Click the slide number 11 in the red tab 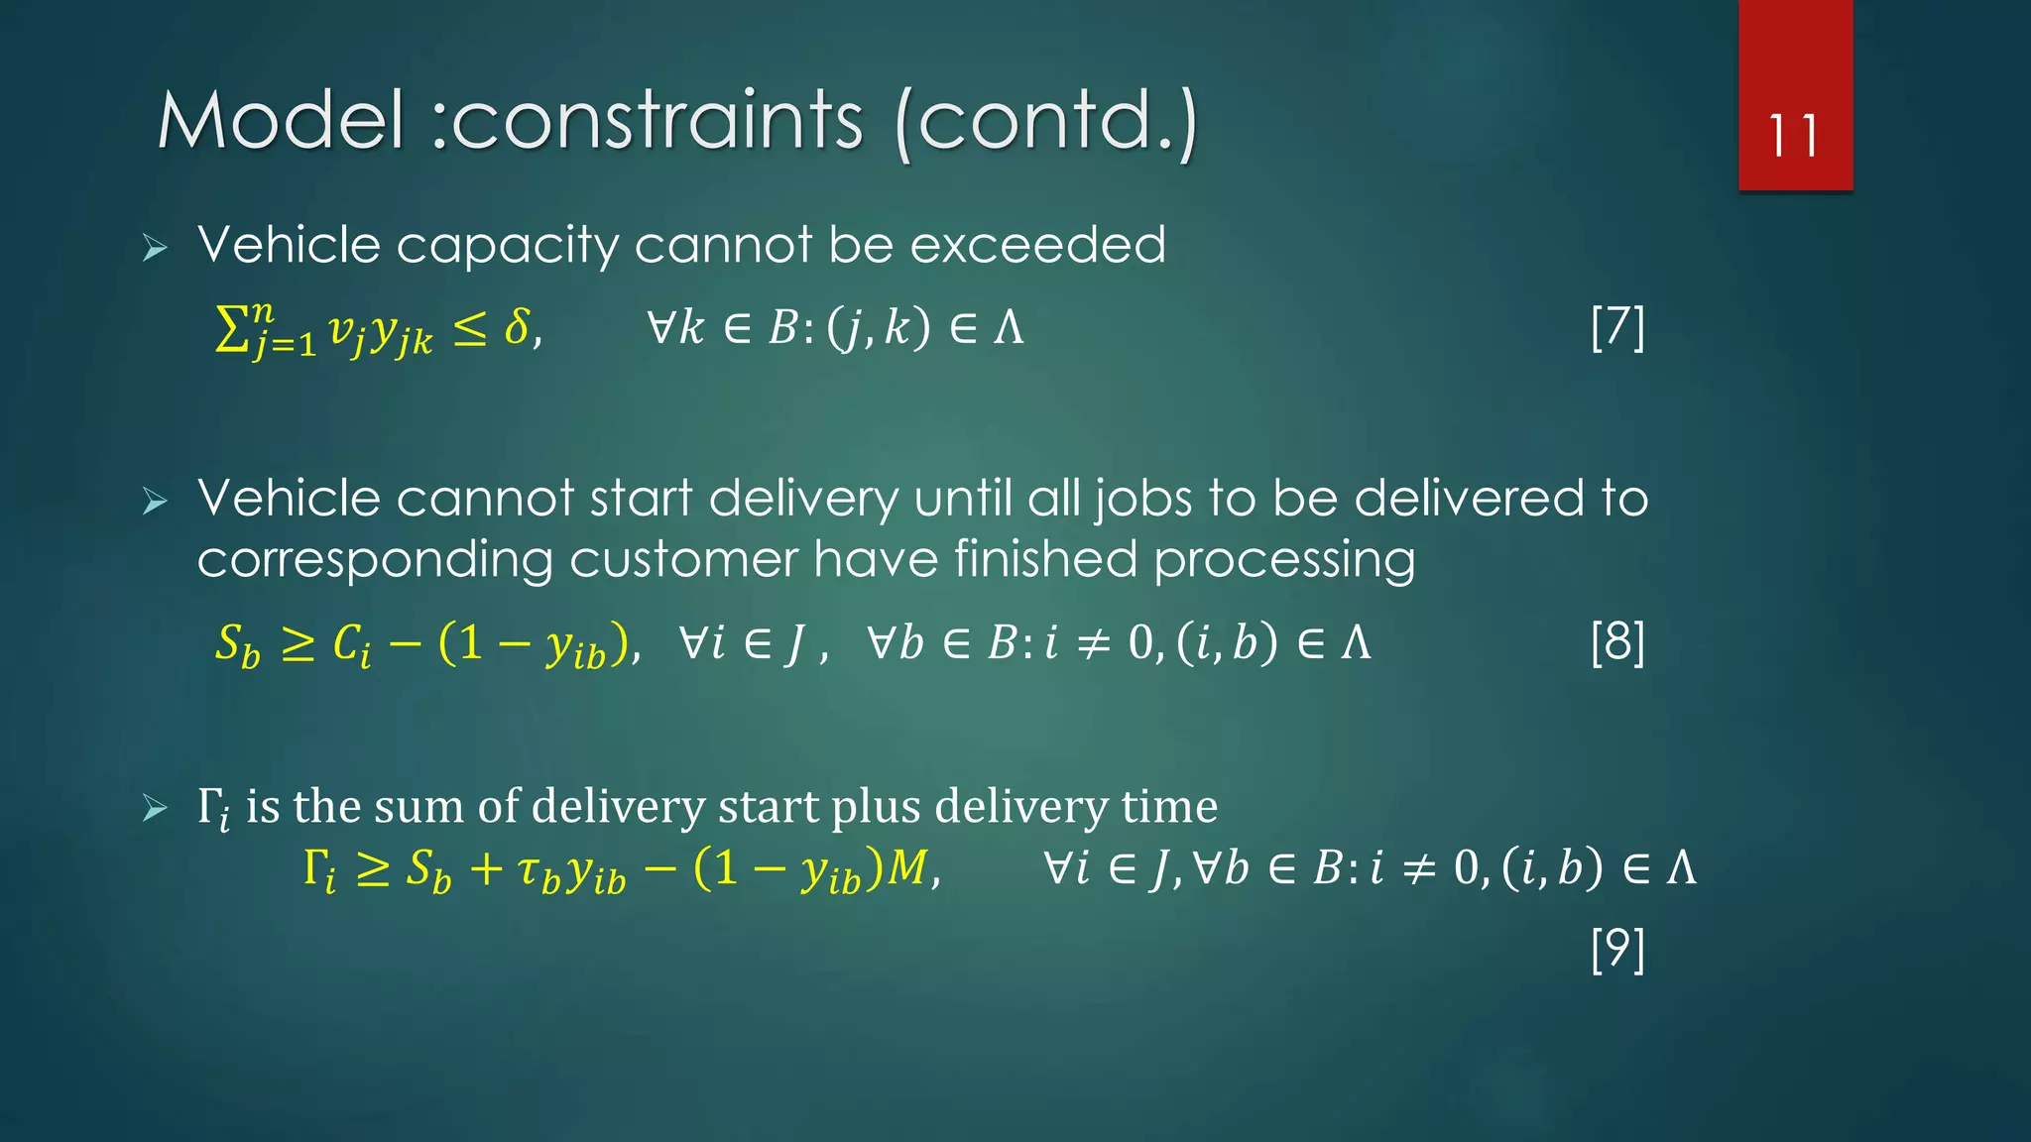coord(1793,136)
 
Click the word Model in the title coord(282,121)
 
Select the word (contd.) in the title coord(1045,123)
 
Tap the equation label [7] coord(1617,328)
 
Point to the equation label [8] coord(1617,642)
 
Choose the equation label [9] coord(1617,949)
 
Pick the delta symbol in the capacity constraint coord(517,326)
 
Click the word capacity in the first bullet coord(507,246)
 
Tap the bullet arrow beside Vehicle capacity coord(155,247)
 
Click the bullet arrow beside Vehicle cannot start coord(155,501)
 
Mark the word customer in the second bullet coord(683,560)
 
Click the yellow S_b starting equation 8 coord(237,645)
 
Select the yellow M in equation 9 coord(907,867)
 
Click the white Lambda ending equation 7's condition coord(1009,327)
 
